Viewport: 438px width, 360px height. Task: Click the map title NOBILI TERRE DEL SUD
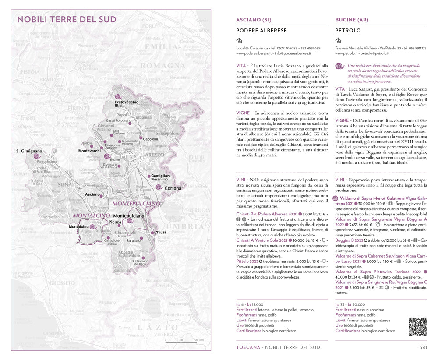[67, 19]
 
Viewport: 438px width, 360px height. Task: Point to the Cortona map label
[173, 188]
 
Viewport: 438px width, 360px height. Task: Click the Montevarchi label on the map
[90, 151]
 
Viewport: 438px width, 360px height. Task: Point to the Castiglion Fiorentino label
[160, 178]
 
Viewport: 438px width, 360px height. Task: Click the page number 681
[423, 347]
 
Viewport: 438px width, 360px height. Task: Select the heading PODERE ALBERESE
[261, 31]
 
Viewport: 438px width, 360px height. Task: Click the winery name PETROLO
[348, 31]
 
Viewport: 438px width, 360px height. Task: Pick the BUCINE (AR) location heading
[351, 20]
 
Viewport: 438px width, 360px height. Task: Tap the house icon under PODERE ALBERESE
[239, 41]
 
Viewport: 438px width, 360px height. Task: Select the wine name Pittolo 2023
[247, 261]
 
